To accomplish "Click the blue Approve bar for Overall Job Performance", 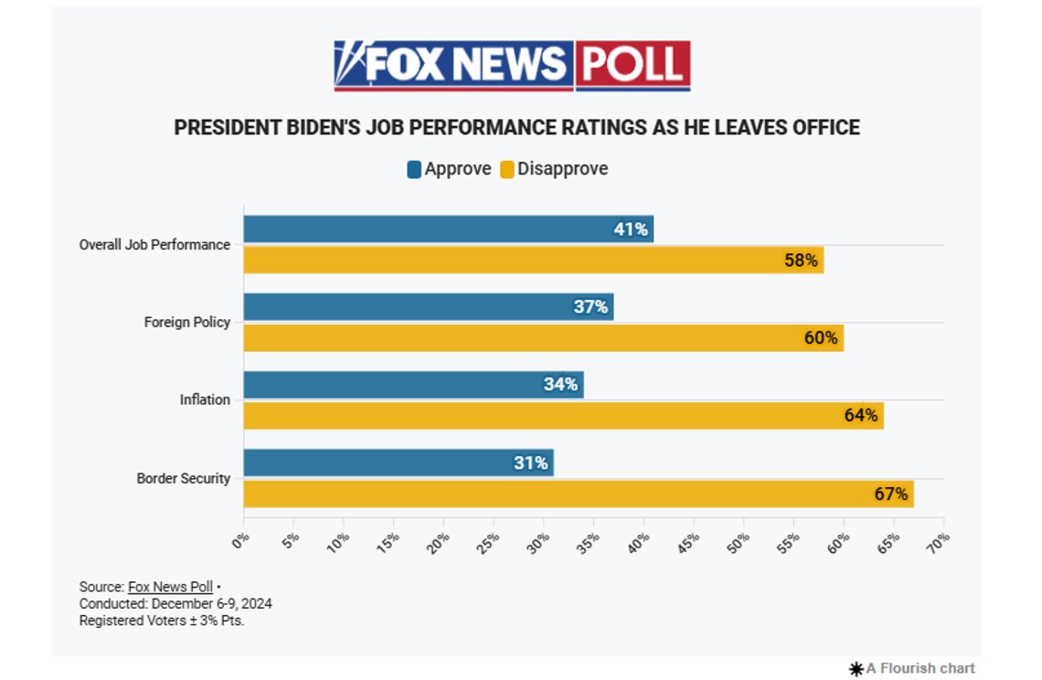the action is [x=449, y=228].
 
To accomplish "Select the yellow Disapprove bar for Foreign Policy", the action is [x=544, y=337].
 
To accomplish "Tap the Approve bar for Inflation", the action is [x=413, y=385].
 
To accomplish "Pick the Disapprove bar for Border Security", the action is [x=579, y=494].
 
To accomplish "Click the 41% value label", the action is [x=631, y=229].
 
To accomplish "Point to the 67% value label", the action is [x=891, y=494].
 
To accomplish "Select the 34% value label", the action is [x=560, y=384].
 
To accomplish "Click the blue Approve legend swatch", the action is [x=414, y=169].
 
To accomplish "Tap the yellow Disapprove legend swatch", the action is [x=507, y=169].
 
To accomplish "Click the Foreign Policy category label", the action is [x=187, y=323].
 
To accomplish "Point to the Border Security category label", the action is [x=184, y=478].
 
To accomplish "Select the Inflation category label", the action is [x=205, y=399].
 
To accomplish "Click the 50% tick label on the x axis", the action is [x=738, y=542].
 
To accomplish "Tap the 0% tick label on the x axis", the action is [x=240, y=540].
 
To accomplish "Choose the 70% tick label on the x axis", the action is [x=938, y=542].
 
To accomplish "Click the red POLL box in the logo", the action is [x=633, y=65].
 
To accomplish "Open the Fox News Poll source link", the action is [x=170, y=587].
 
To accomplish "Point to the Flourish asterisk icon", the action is [x=856, y=669].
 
